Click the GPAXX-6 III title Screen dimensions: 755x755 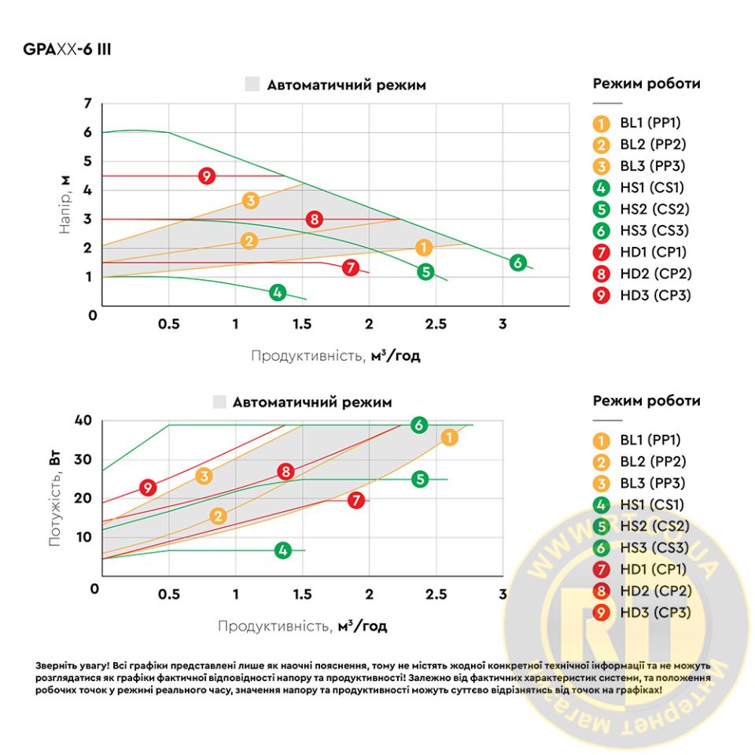(x=66, y=50)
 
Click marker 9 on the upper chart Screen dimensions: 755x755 (x=207, y=176)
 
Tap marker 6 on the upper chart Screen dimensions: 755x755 (x=517, y=263)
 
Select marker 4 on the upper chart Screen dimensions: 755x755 (x=277, y=293)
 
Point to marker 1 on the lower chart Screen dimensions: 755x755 (x=449, y=437)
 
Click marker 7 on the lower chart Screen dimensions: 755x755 (x=356, y=499)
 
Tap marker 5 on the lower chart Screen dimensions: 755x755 (x=420, y=479)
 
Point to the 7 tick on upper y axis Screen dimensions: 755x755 (x=88, y=103)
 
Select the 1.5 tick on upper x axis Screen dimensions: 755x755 (x=302, y=324)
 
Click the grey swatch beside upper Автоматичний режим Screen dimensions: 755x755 (x=252, y=85)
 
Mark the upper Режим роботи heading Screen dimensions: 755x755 (x=646, y=84)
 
